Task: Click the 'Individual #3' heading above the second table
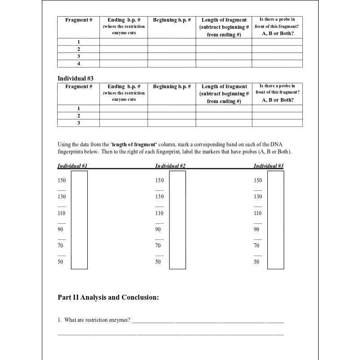tap(76, 78)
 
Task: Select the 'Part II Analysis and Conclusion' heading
tap(108, 297)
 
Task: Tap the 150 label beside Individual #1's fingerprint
tap(62, 180)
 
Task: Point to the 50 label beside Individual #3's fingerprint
tap(256, 262)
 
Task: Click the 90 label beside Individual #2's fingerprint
tap(158, 229)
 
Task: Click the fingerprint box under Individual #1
tap(79, 220)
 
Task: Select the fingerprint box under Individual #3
tap(275, 220)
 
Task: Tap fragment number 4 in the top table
tap(79, 63)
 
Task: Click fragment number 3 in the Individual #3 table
tap(79, 123)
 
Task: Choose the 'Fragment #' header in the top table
tap(79, 20)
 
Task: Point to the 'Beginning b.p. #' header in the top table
tap(172, 20)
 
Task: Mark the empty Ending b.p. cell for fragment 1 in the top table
tap(123, 42)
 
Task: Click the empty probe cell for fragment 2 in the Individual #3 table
tap(277, 116)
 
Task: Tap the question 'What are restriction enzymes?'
tap(97, 320)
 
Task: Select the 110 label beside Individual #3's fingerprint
tap(257, 213)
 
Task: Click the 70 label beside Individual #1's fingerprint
tap(60, 246)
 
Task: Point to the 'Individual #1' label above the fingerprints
tap(72, 166)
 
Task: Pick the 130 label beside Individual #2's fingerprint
tap(159, 197)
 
